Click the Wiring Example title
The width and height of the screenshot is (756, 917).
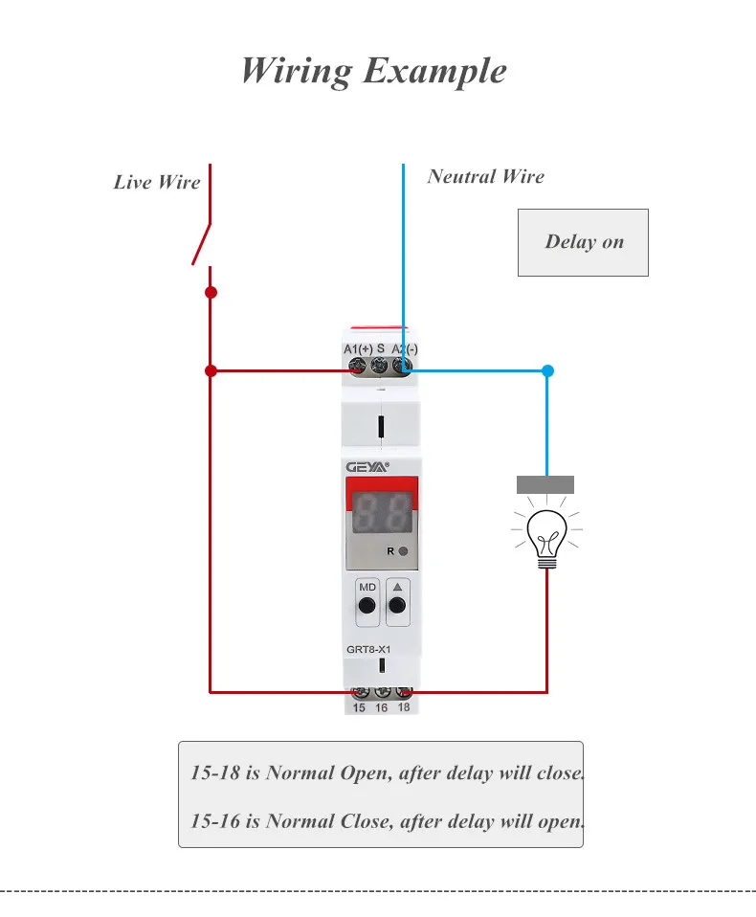374,71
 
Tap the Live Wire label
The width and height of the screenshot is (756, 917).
157,182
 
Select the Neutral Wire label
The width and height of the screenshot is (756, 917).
485,176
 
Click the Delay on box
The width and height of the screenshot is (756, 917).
583,242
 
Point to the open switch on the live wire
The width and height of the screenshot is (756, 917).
202,243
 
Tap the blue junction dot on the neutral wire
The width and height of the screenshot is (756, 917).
547,370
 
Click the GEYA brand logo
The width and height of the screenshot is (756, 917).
367,466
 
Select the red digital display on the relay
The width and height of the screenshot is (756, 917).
381,514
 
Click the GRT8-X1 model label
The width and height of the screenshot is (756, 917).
368,649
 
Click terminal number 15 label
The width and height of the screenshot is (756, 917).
359,708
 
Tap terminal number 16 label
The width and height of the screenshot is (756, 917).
381,708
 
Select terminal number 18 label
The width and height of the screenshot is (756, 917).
404,708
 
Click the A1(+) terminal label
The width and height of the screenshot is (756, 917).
358,349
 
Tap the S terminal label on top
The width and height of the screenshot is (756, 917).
381,349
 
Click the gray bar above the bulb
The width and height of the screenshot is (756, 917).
545,484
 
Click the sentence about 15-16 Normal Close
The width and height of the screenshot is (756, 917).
387,820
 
